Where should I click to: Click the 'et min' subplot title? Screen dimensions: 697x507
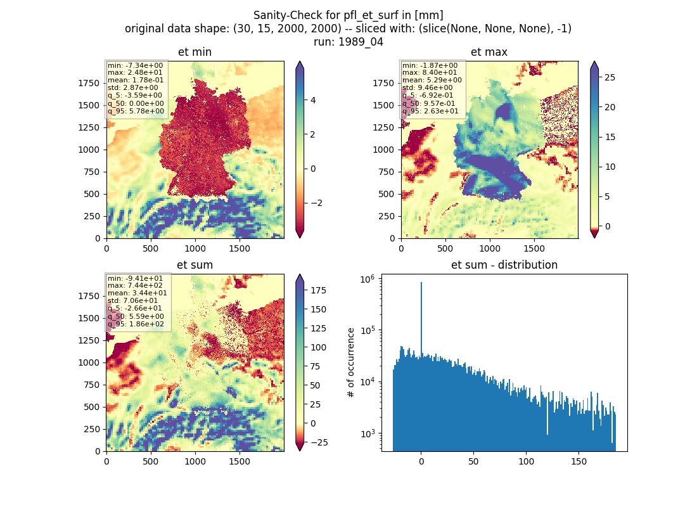tap(195, 52)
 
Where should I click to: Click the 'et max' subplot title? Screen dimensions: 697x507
tap(489, 52)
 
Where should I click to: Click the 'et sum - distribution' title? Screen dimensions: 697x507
tap(504, 265)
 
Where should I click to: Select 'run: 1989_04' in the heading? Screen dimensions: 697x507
tap(348, 42)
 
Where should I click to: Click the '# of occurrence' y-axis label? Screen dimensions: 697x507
tap(351, 363)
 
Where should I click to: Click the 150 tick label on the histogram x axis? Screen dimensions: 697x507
tap(579, 461)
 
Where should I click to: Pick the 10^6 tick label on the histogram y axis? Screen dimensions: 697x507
tap(368, 279)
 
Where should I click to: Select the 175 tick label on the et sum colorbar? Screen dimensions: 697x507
tap(318, 290)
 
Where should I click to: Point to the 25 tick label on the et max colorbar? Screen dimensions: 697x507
tap(610, 77)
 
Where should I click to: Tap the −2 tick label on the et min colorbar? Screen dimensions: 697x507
tap(316, 203)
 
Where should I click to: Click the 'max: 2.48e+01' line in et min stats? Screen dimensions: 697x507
tap(135, 72)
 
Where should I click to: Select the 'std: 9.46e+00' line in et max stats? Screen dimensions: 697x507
tap(428, 87)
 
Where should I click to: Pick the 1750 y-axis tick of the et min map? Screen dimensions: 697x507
tap(89, 83)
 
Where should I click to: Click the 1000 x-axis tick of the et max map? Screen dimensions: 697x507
tap(489, 248)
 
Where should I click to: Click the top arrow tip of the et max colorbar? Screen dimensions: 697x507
tap(594, 62)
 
